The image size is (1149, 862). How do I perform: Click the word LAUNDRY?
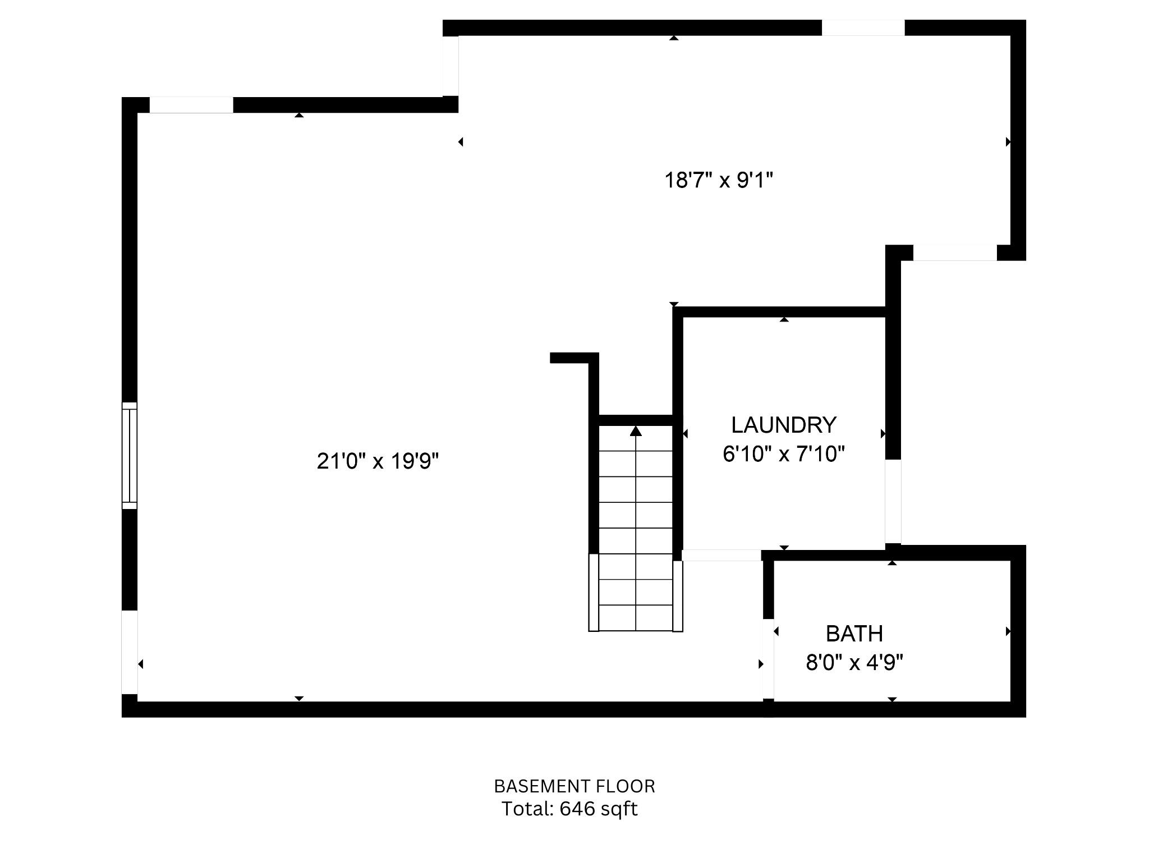784,425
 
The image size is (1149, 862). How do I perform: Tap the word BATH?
854,634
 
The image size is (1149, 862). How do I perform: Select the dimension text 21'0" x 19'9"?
378,461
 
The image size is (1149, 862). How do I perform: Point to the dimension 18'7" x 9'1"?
719,180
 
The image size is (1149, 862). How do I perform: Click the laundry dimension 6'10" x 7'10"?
784,453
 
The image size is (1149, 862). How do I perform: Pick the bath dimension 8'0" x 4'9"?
854,663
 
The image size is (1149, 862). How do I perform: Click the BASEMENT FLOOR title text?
574,786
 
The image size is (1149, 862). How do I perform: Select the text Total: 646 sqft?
569,809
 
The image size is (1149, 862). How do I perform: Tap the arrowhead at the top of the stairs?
636,431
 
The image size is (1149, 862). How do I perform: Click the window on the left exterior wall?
130,456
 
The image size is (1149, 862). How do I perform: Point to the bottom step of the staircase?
636,618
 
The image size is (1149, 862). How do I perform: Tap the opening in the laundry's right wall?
893,501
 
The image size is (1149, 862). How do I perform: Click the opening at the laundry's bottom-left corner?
721,555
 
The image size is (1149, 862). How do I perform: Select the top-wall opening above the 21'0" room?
191,105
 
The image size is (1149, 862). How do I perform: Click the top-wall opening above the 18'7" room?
863,27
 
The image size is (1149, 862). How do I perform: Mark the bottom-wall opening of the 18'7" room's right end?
955,253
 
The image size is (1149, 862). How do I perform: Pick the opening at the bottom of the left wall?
130,652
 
